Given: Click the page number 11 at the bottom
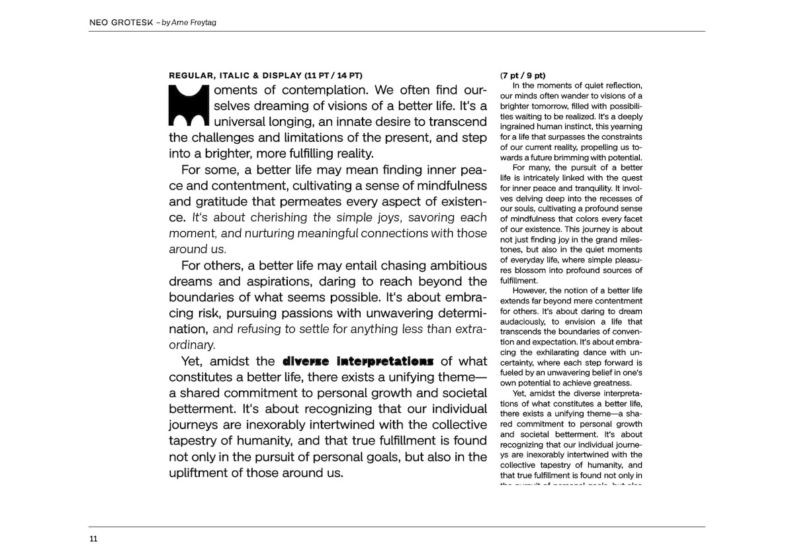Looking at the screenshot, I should tap(93, 538).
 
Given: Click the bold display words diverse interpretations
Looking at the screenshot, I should tap(358, 362).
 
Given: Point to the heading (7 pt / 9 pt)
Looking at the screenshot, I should tap(523, 76).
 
